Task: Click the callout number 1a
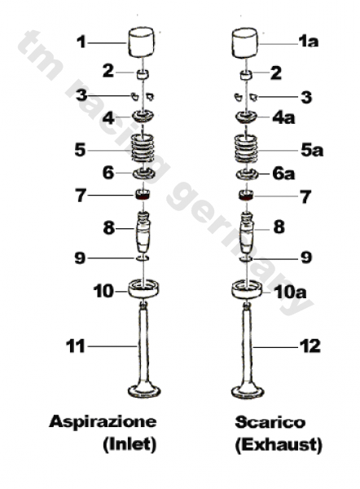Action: (x=309, y=42)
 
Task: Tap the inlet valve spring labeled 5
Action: (x=143, y=148)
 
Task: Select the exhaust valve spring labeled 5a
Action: (x=246, y=149)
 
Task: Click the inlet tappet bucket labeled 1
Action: (x=142, y=42)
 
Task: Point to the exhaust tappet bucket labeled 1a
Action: (x=245, y=43)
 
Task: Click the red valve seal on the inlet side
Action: (x=143, y=195)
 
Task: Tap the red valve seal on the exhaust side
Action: (x=246, y=196)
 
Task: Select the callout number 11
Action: (x=75, y=346)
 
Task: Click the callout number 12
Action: (x=310, y=346)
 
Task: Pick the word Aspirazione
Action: (x=103, y=421)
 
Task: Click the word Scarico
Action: (x=270, y=422)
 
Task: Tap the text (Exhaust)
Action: (x=279, y=445)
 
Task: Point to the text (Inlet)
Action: (x=130, y=444)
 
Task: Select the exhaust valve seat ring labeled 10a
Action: (x=247, y=289)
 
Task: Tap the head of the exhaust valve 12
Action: (x=248, y=392)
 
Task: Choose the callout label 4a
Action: (x=283, y=117)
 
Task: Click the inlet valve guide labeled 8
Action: (x=143, y=231)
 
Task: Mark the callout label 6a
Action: (x=283, y=174)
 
